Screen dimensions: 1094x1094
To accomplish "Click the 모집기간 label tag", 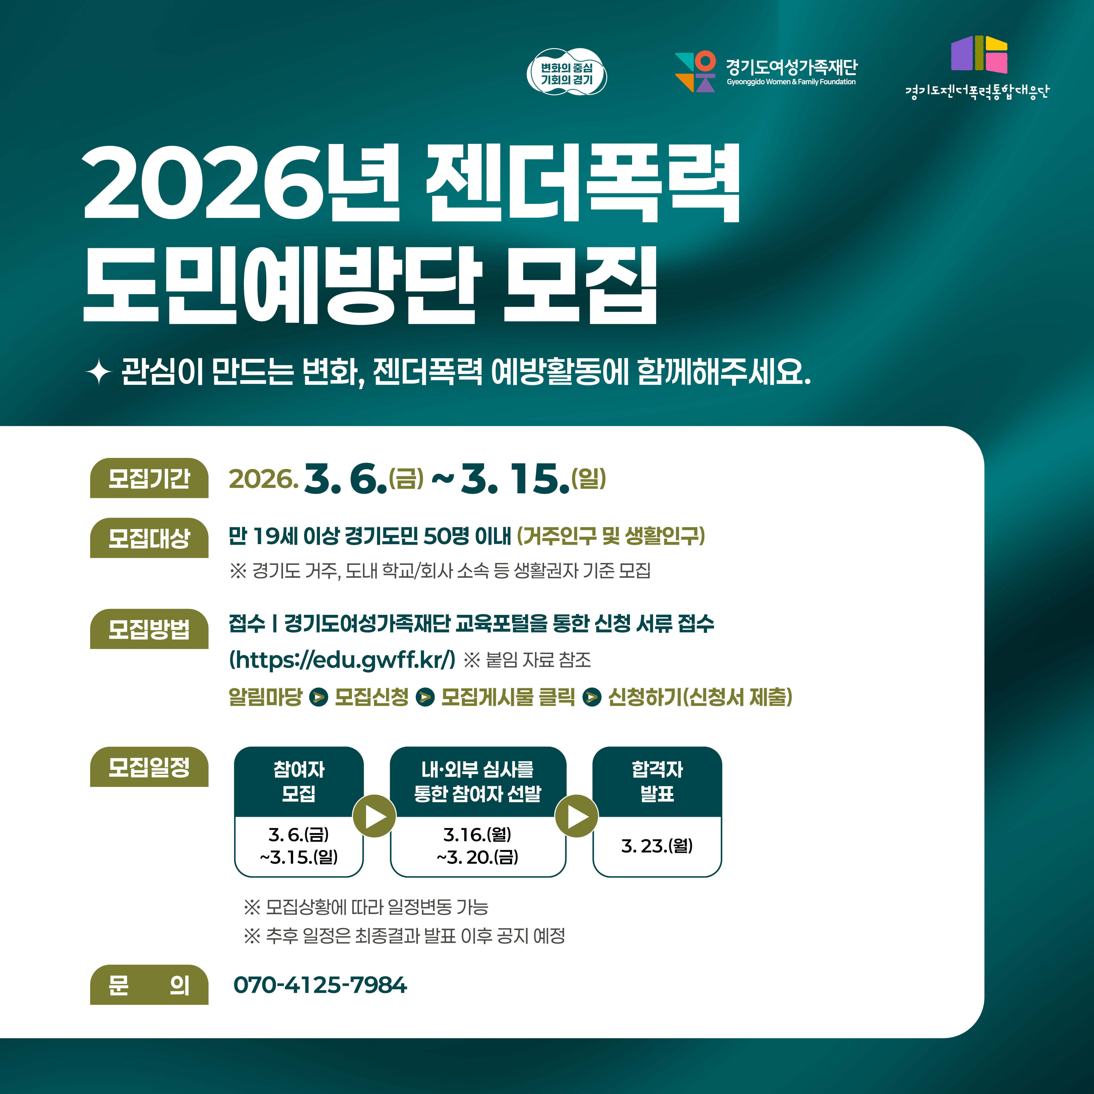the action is [x=149, y=478].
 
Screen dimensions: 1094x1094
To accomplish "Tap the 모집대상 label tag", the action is [x=149, y=538].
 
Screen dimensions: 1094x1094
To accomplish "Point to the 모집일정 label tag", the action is [x=149, y=767].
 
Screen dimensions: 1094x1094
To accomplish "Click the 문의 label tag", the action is [x=149, y=985].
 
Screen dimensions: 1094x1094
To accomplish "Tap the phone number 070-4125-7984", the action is [x=320, y=985].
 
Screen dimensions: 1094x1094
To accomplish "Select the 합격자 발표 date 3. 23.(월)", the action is [x=657, y=846].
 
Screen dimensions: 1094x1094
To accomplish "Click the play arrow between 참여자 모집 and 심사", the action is [x=374, y=816].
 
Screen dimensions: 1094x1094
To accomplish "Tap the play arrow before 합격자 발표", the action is [x=576, y=816].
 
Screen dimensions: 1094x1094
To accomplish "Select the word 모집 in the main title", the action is [x=580, y=286].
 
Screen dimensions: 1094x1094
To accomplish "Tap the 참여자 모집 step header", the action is [x=299, y=781].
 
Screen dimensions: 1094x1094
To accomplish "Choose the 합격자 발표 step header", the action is [x=657, y=781].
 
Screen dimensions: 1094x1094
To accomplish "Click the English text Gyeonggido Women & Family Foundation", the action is [x=791, y=82].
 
